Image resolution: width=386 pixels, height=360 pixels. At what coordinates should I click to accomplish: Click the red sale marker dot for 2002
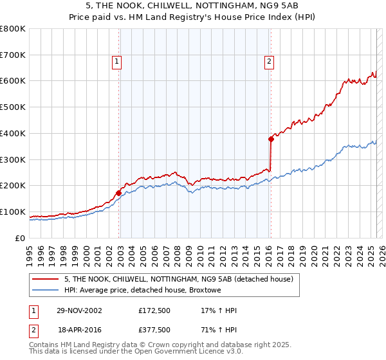[119, 192]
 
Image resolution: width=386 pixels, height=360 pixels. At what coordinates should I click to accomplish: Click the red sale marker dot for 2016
[271, 138]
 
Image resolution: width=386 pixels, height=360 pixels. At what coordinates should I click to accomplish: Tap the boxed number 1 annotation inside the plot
[116, 62]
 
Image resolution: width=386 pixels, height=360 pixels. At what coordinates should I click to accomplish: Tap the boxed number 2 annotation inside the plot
[268, 62]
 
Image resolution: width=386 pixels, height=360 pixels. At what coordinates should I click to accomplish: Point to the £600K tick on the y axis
[14, 81]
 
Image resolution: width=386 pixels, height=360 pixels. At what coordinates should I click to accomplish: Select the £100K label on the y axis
[14, 212]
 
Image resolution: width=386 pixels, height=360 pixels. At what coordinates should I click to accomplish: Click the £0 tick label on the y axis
[21, 238]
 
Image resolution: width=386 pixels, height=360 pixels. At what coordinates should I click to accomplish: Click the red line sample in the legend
[46, 279]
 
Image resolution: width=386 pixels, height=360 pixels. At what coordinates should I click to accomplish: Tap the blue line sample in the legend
[46, 291]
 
